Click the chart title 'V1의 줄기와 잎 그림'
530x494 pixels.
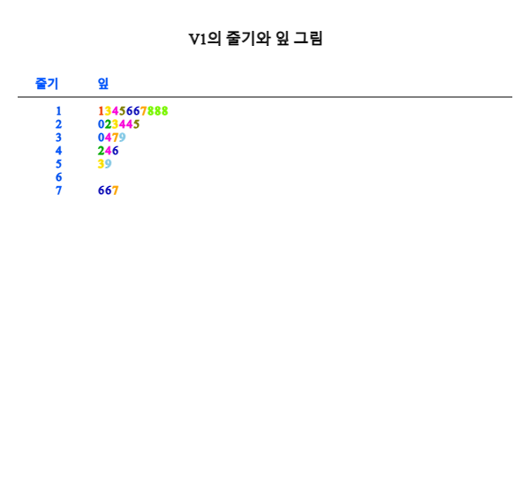255,39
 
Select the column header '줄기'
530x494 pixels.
47,84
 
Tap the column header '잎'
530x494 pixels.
103,84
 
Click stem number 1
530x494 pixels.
58,111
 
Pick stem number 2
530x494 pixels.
58,124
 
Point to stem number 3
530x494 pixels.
58,138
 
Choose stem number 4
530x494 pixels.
58,151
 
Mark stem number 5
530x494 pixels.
58,164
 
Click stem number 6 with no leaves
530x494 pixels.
58,177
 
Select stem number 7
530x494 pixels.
58,191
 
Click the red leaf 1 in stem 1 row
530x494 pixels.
101,111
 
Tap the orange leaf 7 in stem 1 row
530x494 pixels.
143,111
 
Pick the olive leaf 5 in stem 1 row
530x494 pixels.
122,111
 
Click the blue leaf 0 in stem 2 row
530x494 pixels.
101,124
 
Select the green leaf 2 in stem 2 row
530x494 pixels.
108,124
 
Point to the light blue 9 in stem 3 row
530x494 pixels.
122,138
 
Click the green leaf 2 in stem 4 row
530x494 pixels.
101,151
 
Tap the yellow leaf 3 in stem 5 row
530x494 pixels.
101,164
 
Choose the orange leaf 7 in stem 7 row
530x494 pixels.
115,191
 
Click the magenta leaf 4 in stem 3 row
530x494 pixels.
108,138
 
